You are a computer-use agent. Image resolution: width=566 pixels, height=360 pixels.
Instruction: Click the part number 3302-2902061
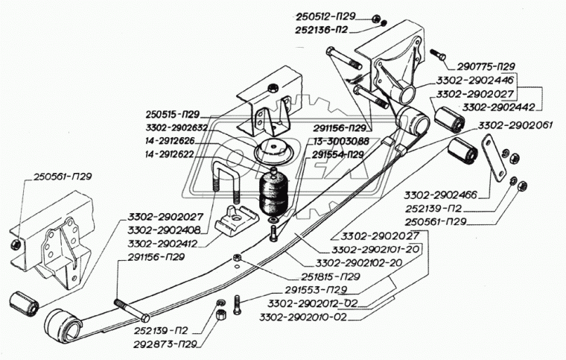pyautogui.click(x=515, y=124)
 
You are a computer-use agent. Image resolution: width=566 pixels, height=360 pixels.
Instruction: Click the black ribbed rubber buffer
pyautogui.click(x=274, y=195)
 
